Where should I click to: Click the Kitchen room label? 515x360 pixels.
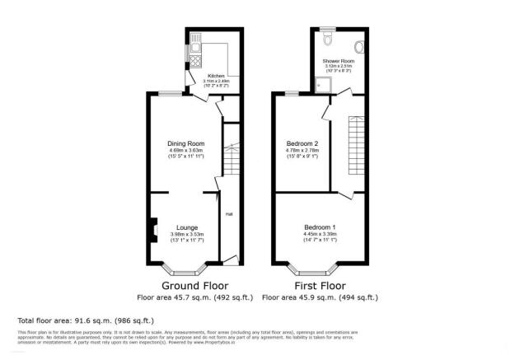click(x=216, y=75)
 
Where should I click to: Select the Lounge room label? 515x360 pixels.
click(x=185, y=227)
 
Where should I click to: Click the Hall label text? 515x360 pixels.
click(x=228, y=214)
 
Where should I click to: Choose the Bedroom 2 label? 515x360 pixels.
click(x=302, y=143)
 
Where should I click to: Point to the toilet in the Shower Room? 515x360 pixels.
click(x=328, y=38)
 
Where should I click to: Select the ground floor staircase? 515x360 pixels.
click(x=232, y=157)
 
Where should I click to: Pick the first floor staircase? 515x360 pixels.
click(x=357, y=140)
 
